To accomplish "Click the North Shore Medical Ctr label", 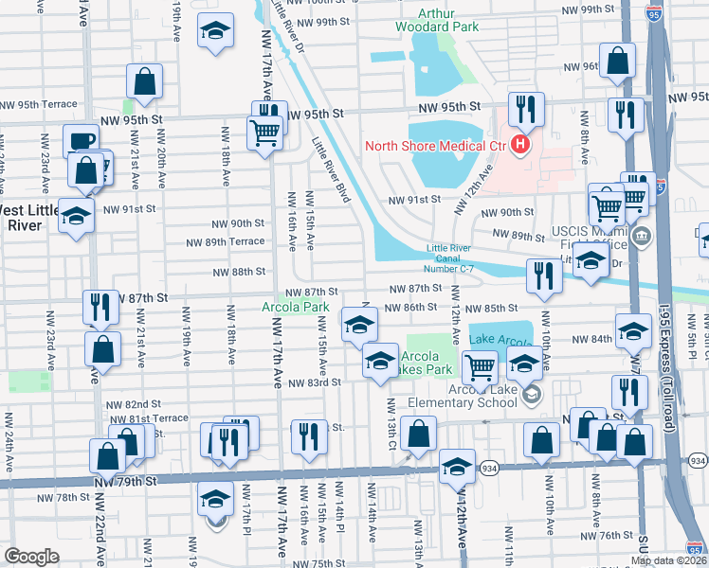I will [437, 145].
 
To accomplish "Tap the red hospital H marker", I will [519, 145].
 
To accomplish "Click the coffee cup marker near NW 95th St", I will [82, 140].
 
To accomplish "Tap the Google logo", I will [31, 557].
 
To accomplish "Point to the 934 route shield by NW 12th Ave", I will [489, 468].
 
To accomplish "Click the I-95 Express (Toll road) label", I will [679, 378].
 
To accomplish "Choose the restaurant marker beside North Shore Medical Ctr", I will [525, 110].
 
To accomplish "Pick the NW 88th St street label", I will [236, 272].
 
